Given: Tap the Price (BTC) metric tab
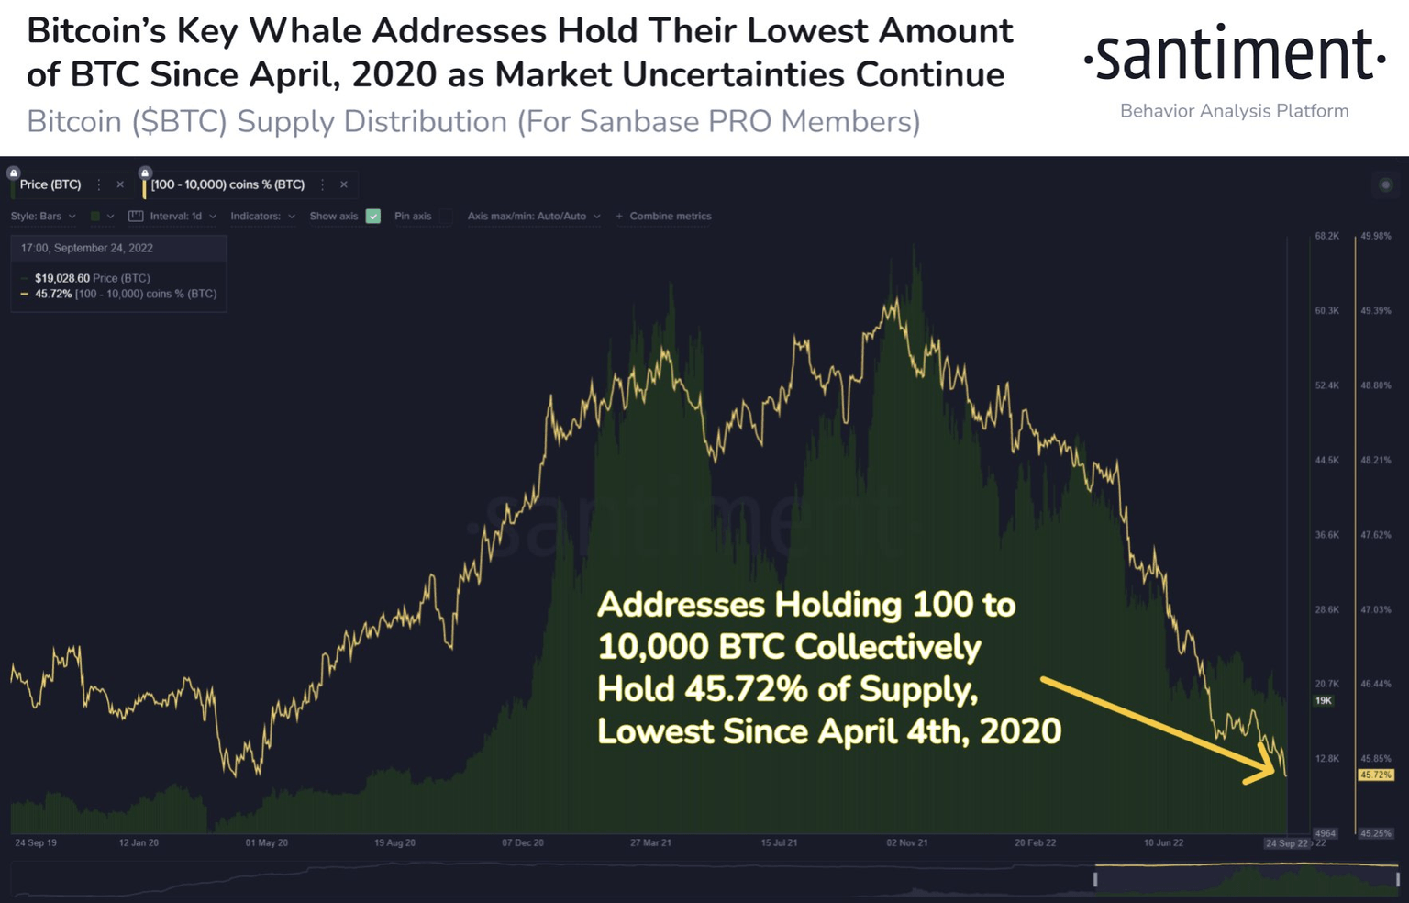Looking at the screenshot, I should pyautogui.click(x=50, y=184).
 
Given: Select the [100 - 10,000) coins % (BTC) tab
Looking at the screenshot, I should pyautogui.click(x=227, y=184).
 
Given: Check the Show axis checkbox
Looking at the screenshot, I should pyautogui.click(x=373, y=217).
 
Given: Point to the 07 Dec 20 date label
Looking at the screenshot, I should pyautogui.click(x=523, y=842).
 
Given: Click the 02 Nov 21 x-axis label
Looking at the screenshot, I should pyautogui.click(x=906, y=842).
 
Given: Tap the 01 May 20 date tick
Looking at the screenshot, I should pyautogui.click(x=266, y=842).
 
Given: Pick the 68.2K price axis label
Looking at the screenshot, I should pyautogui.click(x=1326, y=236).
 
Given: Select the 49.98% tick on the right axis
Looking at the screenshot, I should pyautogui.click(x=1376, y=236).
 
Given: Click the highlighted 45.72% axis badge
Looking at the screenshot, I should pyautogui.click(x=1376, y=775).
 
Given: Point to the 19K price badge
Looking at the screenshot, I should pyautogui.click(x=1324, y=700).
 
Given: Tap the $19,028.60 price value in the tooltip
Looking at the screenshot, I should pyautogui.click(x=61, y=278).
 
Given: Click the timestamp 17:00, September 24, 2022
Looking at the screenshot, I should pyautogui.click(x=87, y=248).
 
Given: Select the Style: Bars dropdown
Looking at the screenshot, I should pyautogui.click(x=43, y=217).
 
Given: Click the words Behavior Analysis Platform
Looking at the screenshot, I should pyautogui.click(x=1234, y=111).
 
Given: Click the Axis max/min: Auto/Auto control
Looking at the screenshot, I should pyautogui.click(x=534, y=217).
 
